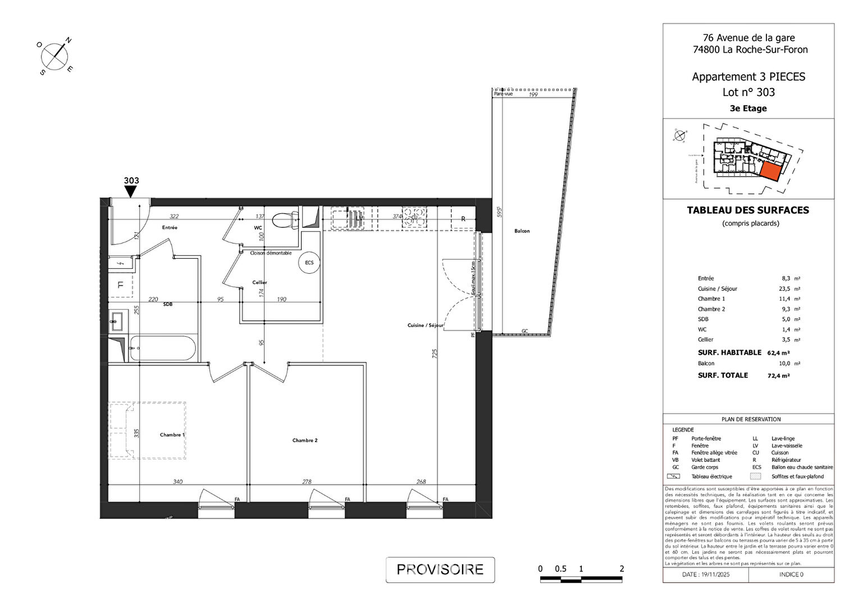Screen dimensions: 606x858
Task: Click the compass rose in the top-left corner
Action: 54,56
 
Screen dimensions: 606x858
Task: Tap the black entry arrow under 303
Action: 131,192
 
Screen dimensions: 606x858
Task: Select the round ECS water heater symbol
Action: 309,263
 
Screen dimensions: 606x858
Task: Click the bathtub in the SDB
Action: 162,348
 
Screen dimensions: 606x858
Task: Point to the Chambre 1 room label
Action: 172,435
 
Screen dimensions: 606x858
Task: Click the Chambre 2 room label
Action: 305,440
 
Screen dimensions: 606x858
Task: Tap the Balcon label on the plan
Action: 522,231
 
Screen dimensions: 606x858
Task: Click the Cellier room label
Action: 259,283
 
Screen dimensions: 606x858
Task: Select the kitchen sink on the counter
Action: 348,218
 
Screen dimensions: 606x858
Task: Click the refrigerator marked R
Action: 463,219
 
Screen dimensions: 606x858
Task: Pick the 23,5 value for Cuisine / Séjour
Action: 784,289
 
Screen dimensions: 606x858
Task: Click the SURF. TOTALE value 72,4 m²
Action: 778,376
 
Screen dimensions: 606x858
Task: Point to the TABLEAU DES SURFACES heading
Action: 748,210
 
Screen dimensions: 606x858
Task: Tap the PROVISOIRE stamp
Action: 440,570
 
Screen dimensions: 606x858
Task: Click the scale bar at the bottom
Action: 581,579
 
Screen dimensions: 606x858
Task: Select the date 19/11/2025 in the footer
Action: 706,575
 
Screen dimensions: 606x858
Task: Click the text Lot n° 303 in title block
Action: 749,93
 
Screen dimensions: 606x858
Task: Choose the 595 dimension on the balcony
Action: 499,212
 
